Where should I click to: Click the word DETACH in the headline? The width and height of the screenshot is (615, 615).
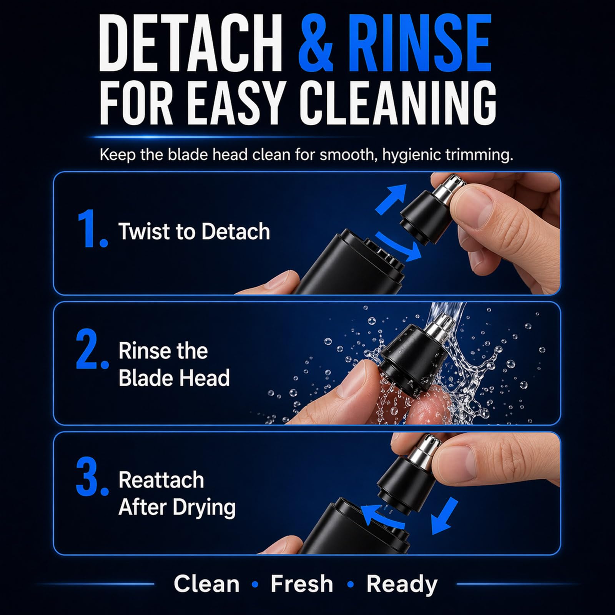point(191,42)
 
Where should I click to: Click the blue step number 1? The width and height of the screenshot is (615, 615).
point(92,229)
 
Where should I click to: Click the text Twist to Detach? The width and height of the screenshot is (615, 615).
point(194,231)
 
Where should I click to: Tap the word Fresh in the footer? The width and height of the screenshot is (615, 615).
point(302,584)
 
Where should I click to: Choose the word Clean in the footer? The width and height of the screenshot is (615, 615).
point(206,584)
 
